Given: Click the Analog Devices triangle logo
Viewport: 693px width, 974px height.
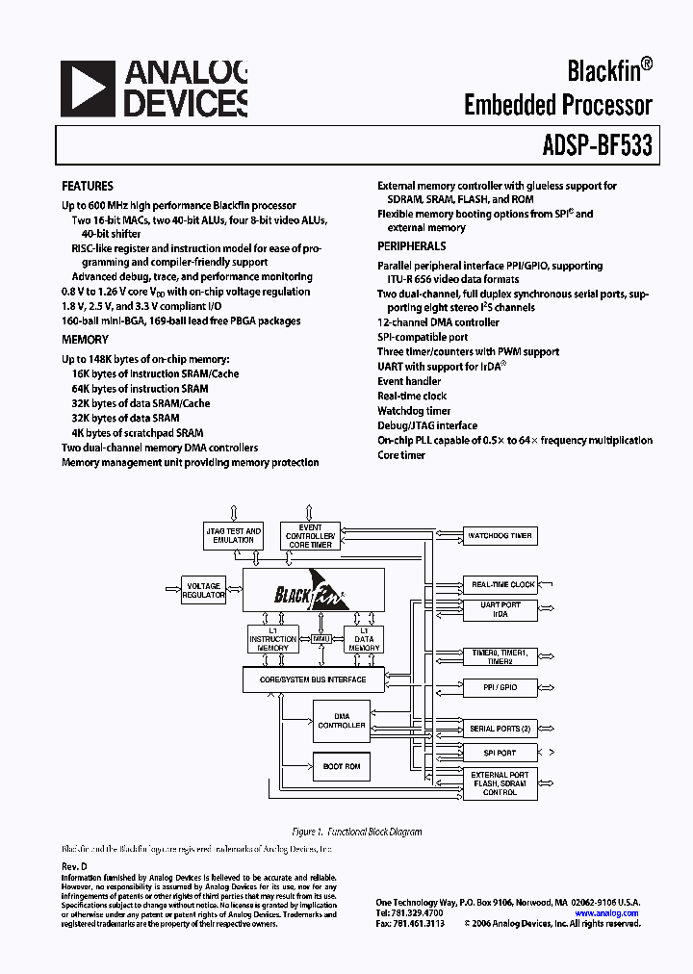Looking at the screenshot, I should (x=88, y=89).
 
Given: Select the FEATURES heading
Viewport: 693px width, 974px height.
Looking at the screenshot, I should (x=88, y=186).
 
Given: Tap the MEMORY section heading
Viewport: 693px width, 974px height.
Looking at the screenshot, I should (x=86, y=340).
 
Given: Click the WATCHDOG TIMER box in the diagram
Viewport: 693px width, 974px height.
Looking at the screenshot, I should (x=500, y=535).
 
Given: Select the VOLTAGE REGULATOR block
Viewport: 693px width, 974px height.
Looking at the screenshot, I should (x=203, y=591).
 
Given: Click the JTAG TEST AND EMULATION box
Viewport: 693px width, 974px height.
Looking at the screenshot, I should (x=234, y=535).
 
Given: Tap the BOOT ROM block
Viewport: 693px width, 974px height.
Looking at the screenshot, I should (x=341, y=766).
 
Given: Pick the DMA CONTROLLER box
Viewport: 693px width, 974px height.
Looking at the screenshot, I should (x=341, y=721).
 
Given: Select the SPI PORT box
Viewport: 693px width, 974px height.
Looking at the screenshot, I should (x=500, y=753).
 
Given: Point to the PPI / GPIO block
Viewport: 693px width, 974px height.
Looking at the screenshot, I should (x=500, y=688).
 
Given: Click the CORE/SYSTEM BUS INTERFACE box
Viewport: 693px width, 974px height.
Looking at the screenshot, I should (x=313, y=679).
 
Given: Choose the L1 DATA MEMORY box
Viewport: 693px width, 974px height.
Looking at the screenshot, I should (x=364, y=639).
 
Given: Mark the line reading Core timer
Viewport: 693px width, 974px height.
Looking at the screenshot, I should (x=401, y=454).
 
